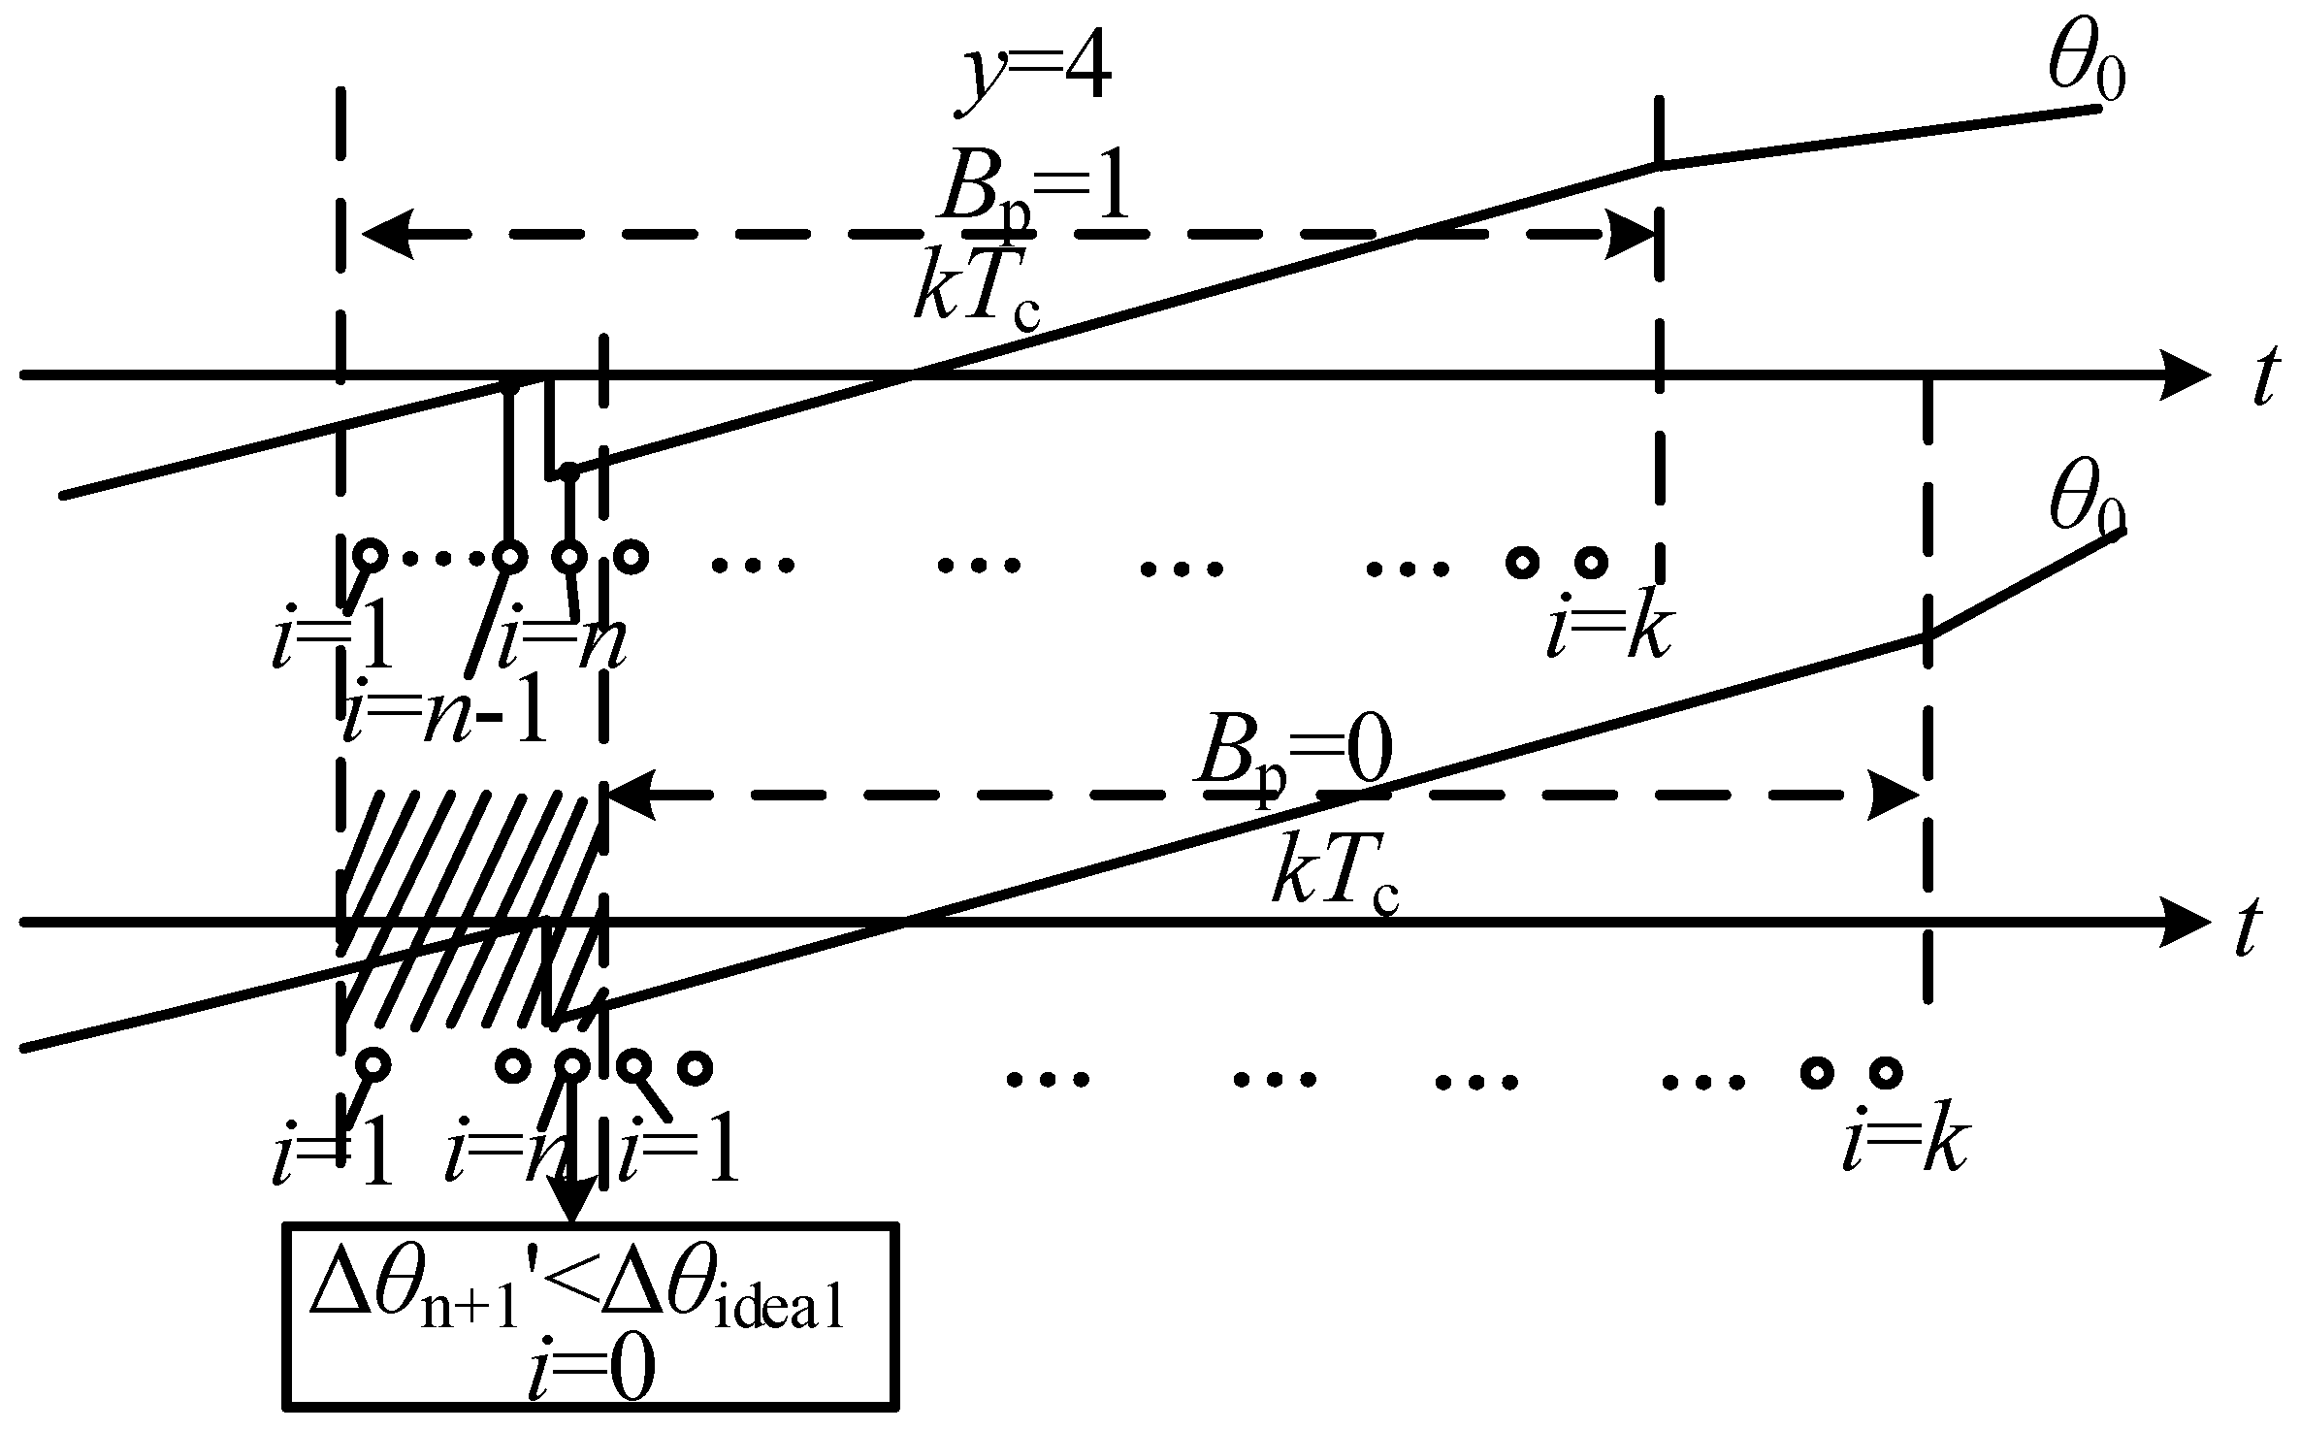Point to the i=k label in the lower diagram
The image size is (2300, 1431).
pos(1904,1148)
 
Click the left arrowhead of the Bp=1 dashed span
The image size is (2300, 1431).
pos(388,234)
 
